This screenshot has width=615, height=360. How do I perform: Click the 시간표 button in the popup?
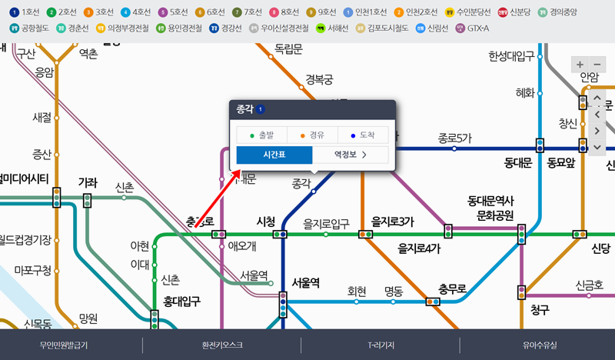click(274, 155)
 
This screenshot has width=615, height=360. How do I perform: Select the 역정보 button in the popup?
click(350, 155)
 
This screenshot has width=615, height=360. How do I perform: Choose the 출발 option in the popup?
click(261, 135)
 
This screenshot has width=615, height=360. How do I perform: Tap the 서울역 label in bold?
click(305, 282)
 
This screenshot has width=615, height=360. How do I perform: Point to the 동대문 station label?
click(520, 163)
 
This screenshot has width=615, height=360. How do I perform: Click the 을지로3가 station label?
click(392, 221)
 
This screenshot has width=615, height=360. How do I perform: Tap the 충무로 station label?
click(453, 289)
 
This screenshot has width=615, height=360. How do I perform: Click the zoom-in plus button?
click(580, 65)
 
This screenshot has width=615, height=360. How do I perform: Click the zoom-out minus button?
click(598, 65)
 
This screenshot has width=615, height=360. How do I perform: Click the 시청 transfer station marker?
click(280, 234)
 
